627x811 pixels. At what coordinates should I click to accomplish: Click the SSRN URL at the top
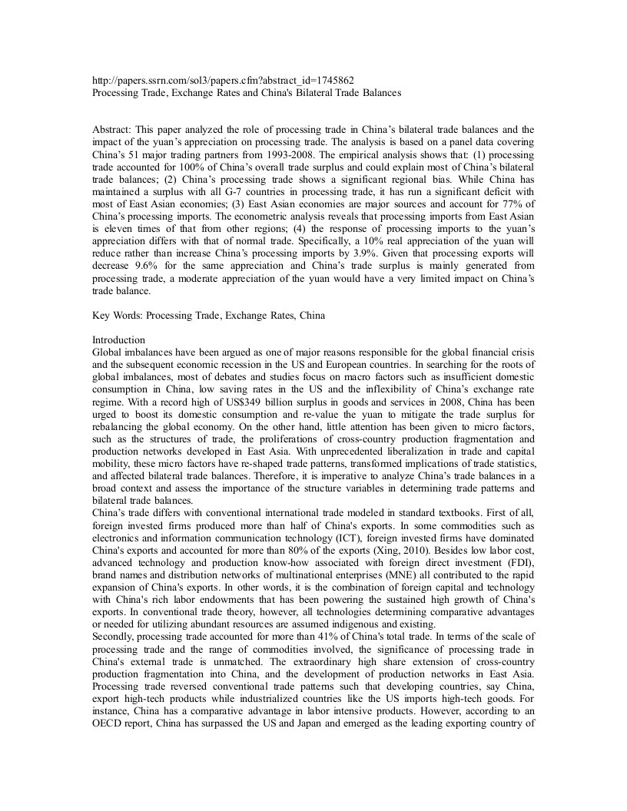(223, 80)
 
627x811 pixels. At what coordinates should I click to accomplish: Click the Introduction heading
(118, 339)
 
